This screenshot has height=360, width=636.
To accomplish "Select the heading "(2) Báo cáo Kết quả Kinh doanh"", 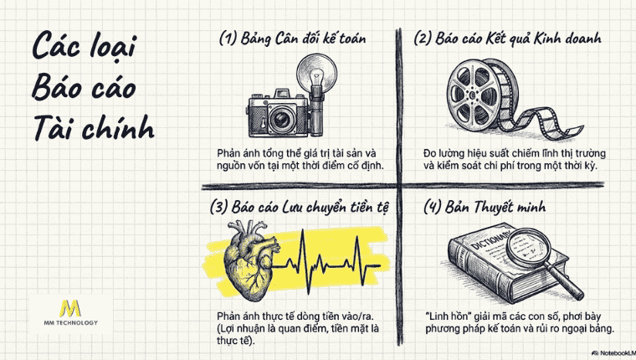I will pos(509,39).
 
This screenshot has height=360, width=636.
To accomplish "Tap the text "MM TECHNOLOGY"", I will pos(73,323).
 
